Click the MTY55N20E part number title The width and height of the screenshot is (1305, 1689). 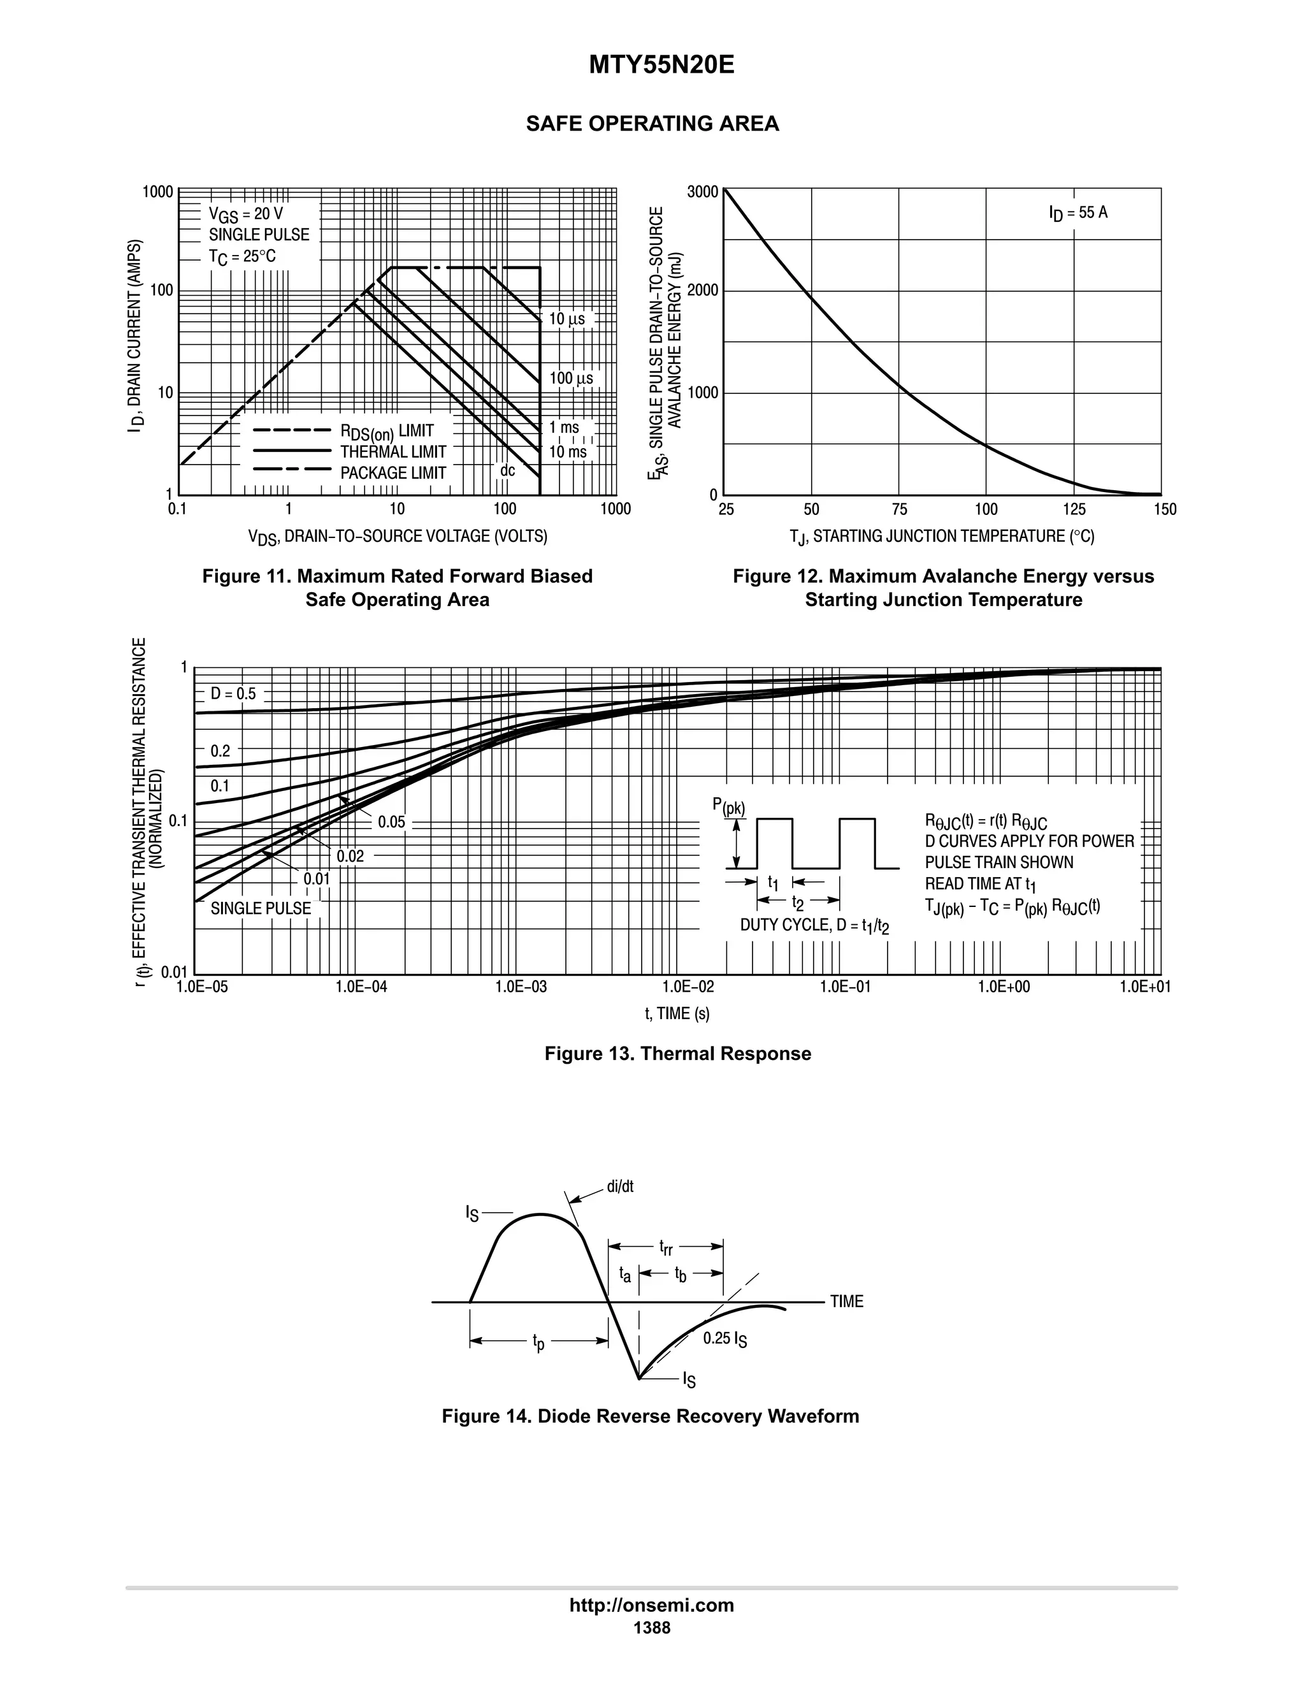pyautogui.click(x=661, y=66)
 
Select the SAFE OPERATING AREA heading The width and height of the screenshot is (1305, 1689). pyautogui.click(x=652, y=124)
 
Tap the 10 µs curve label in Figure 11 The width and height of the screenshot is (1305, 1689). pyautogui.click(x=566, y=319)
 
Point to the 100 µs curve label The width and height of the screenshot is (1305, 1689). pyautogui.click(x=570, y=378)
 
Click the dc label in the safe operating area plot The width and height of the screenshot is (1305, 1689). pyautogui.click(x=507, y=470)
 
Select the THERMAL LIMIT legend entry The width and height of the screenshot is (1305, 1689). pyautogui.click(x=393, y=452)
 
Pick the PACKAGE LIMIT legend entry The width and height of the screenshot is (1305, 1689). pyautogui.click(x=393, y=472)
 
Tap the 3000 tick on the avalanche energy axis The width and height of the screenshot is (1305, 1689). pyautogui.click(x=703, y=191)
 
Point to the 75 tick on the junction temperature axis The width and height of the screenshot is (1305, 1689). pyautogui.click(x=899, y=509)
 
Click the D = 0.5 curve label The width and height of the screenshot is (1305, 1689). pyautogui.click(x=233, y=693)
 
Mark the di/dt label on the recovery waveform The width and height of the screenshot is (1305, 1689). pyautogui.click(x=620, y=1186)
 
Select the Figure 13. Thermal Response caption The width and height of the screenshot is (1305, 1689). pyautogui.click(x=677, y=1054)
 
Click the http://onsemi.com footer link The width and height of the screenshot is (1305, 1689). pyautogui.click(x=651, y=1605)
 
